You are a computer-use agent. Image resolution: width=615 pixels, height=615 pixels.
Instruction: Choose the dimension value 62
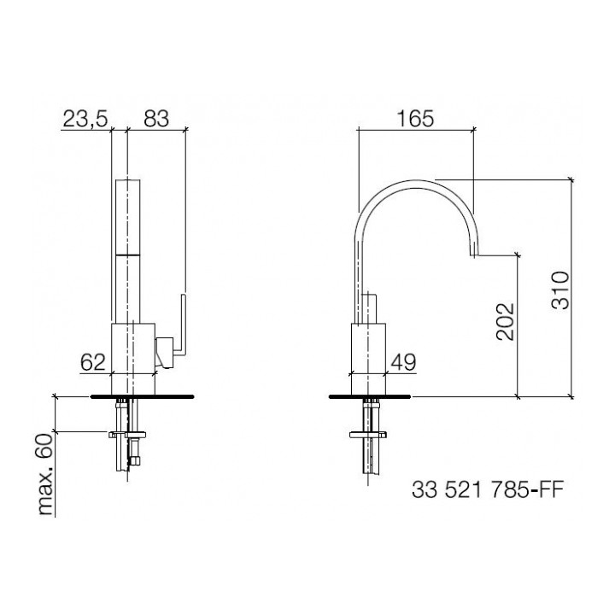[92, 361]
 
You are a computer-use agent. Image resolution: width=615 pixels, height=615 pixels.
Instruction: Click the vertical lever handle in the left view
[183, 320]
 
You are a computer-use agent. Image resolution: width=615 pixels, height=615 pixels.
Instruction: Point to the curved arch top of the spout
[414, 184]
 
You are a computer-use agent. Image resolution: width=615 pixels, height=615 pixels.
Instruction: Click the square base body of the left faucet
[132, 348]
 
